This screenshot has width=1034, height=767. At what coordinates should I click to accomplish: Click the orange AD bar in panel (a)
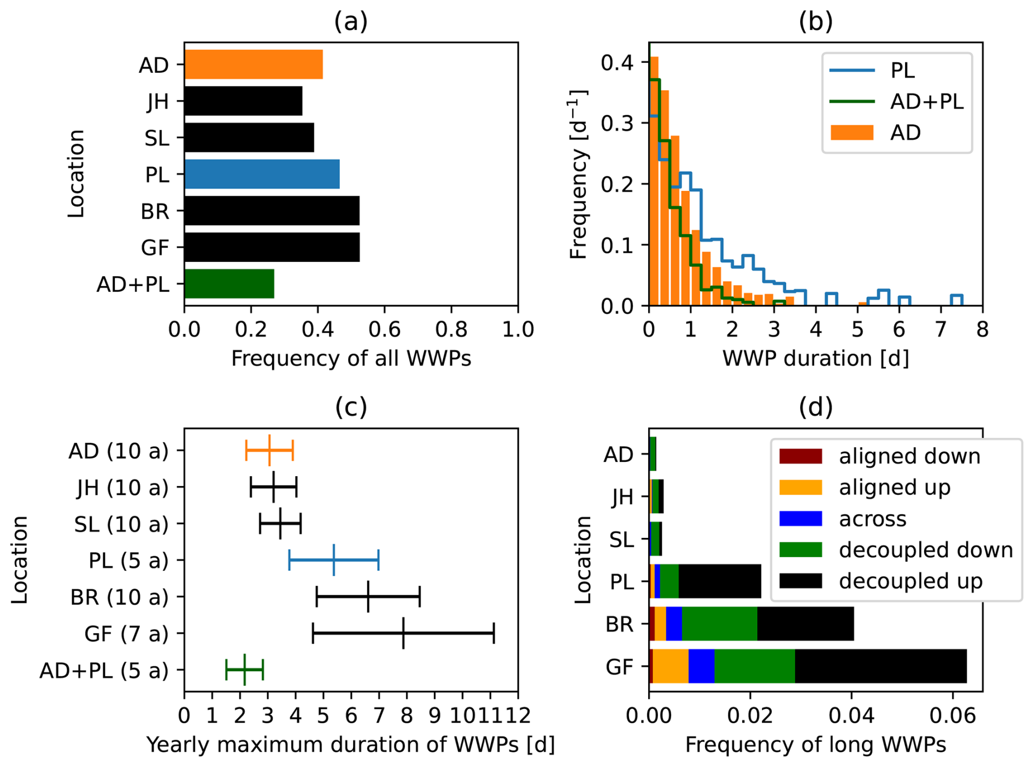(254, 65)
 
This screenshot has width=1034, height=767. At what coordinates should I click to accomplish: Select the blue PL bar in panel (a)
(262, 174)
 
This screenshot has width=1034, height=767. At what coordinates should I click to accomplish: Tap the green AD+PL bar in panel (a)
(230, 284)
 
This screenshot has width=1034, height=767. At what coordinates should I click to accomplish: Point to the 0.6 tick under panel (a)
(384, 330)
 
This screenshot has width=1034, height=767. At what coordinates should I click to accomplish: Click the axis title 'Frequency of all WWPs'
(351, 359)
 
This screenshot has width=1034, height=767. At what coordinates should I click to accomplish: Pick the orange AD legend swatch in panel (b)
(851, 133)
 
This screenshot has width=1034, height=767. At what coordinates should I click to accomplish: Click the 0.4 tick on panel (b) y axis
(617, 63)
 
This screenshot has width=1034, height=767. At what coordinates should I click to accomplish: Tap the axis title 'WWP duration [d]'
(815, 359)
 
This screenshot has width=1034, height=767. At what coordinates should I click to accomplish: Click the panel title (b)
(815, 22)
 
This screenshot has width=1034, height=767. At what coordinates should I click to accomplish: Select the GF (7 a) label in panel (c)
(126, 634)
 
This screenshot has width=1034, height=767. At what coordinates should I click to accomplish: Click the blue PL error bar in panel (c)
(334, 560)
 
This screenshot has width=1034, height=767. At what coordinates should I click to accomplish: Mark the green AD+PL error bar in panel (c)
(245, 670)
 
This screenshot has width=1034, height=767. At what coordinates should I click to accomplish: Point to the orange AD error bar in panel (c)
(269, 450)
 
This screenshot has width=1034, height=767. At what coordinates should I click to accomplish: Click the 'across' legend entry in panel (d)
(872, 519)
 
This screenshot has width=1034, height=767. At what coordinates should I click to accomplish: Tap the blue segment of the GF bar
(701, 666)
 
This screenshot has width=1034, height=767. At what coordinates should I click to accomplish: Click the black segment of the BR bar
(805, 624)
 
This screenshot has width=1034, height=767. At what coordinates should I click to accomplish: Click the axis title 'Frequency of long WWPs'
(815, 745)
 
